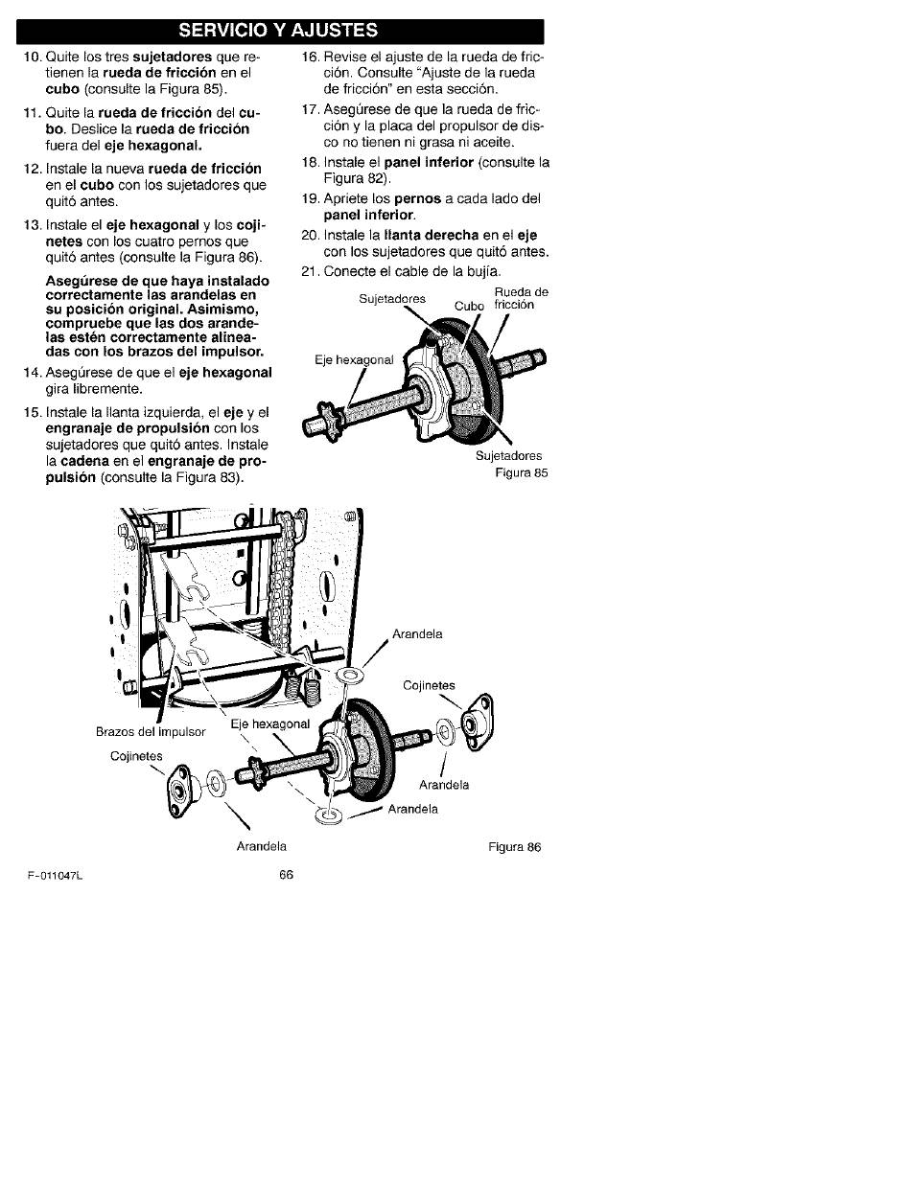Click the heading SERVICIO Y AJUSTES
278,30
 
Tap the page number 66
287,875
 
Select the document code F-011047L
55,876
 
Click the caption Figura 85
522,472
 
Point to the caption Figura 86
515,847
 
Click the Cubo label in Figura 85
469,307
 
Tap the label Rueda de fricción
521,298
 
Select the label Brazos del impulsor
151,732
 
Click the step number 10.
33,57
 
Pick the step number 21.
310,271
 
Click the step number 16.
310,57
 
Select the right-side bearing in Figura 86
477,723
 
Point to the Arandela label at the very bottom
261,846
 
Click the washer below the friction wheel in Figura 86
328,815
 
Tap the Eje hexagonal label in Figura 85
354,360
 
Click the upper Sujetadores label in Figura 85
392,299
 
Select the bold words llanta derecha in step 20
432,236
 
